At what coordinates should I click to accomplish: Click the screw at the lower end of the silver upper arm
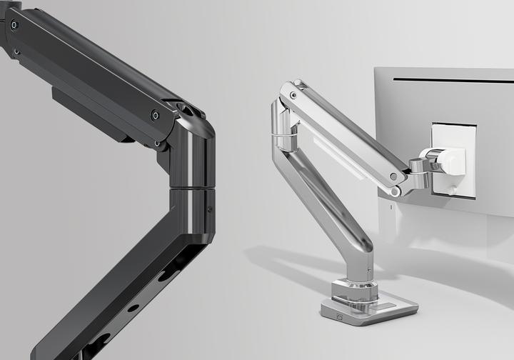click(x=393, y=176)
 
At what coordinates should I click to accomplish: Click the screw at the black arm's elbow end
click(x=155, y=115)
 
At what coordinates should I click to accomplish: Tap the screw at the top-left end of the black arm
click(x=14, y=25)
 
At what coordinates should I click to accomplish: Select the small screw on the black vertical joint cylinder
click(x=209, y=209)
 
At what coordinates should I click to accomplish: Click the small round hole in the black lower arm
click(x=133, y=309)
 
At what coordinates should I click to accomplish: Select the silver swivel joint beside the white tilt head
click(x=417, y=172)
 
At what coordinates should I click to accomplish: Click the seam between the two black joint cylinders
click(x=191, y=188)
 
